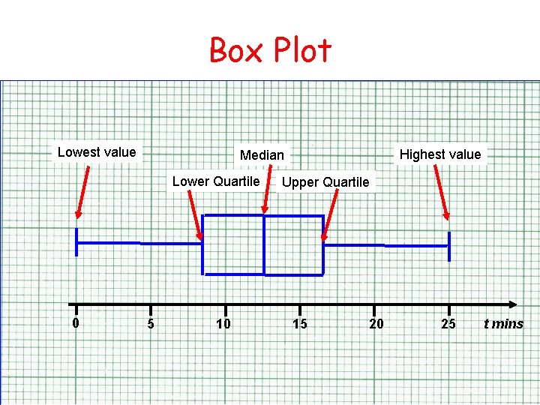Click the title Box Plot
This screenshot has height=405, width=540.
coord(270,51)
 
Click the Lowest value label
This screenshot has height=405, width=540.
coord(97,152)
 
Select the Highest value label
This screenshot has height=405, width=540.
coord(439,154)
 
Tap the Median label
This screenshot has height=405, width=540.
coord(262,155)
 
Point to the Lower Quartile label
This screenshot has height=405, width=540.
coord(216,181)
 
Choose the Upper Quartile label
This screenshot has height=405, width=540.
coord(325,182)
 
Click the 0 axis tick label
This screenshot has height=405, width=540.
coord(76,323)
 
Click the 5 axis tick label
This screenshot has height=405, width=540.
coord(151,324)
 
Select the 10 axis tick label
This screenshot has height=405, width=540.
coord(223,324)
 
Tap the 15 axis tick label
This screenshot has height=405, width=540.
coord(300,324)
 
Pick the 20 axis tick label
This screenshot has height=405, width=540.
coord(376,324)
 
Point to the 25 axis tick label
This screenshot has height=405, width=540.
coord(448,324)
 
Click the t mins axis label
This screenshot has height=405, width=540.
coord(503,324)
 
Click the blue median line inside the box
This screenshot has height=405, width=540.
coord(264,244)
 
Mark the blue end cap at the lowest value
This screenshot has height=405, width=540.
coord(76,242)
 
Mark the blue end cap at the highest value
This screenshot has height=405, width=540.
coord(449,246)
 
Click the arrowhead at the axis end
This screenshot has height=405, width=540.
coord(512,304)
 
